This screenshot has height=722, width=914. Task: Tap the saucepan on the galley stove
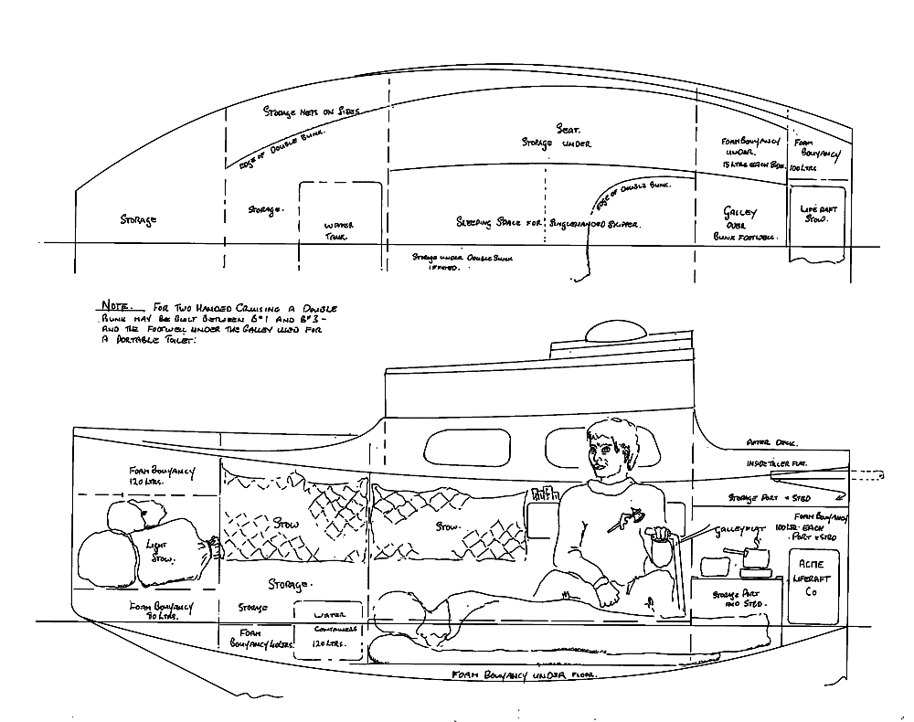(x=754, y=558)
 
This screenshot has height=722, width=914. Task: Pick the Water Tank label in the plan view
(x=339, y=230)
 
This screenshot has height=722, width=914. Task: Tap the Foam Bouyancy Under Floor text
(x=524, y=674)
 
